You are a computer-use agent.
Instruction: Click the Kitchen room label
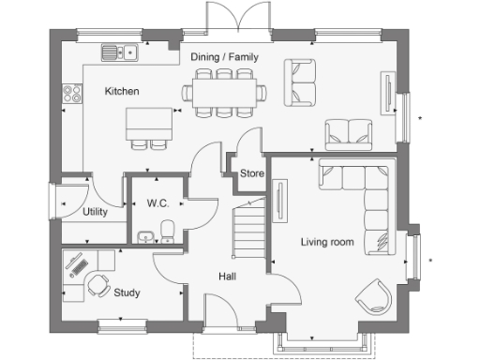point(122,92)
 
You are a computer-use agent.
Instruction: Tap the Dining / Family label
point(224,58)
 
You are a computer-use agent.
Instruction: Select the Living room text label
point(327,242)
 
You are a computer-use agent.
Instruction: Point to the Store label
point(251,173)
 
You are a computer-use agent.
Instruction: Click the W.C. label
point(156,203)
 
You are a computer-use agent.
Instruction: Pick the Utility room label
point(95,212)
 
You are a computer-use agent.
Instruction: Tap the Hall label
point(227,277)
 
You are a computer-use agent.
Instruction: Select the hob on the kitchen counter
point(69,95)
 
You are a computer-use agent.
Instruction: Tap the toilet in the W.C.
point(167,229)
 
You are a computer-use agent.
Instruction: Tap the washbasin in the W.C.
point(142,234)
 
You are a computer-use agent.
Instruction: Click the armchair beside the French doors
point(301,81)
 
